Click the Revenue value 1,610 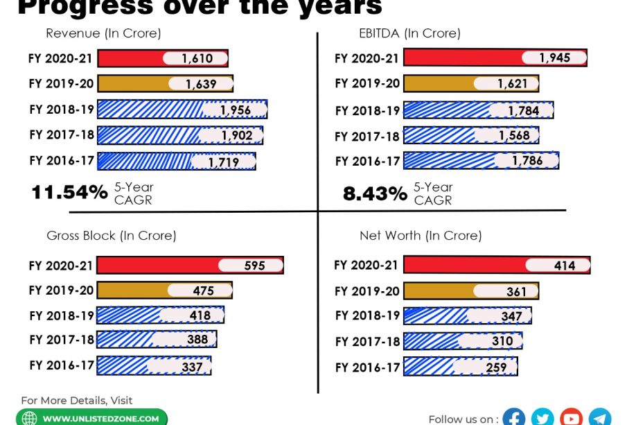tap(197, 59)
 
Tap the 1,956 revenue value tap(236, 110)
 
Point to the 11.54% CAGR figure tap(69, 192)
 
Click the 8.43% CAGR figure tap(375, 193)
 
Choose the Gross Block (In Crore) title tap(112, 236)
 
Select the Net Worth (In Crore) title tap(421, 236)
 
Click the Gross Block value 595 tap(254, 266)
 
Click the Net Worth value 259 tap(497, 367)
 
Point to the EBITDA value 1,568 tap(514, 136)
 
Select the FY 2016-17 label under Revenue tap(61, 161)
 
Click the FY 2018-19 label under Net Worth tap(367, 315)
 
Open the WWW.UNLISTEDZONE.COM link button tap(93, 418)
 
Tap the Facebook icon tap(513, 417)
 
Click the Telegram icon tap(600, 417)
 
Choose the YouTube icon tap(571, 417)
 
